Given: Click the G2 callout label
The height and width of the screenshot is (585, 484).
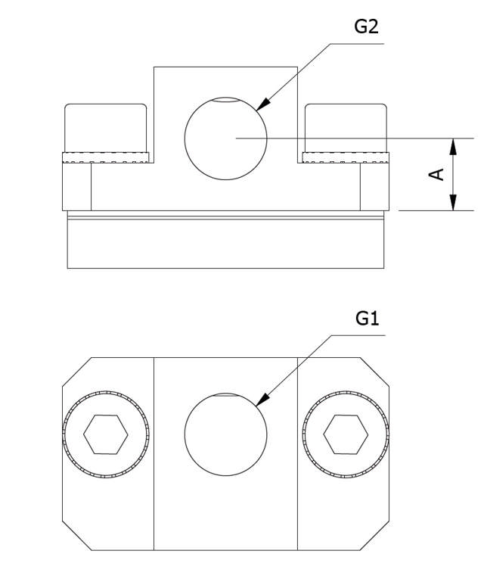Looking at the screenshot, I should click(x=366, y=26).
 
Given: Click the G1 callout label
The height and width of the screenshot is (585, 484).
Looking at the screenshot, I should click(x=367, y=319).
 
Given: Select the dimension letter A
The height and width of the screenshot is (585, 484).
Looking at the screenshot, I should click(x=436, y=174).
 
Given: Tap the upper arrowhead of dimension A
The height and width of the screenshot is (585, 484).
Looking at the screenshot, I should click(x=453, y=146).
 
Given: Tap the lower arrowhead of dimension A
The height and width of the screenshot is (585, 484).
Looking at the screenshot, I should click(x=453, y=202).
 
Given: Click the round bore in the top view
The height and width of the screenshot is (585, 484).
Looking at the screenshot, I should click(x=225, y=434).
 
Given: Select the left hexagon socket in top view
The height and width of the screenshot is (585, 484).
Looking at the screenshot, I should click(x=106, y=434).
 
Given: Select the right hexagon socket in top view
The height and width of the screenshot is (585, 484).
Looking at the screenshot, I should click(x=346, y=434).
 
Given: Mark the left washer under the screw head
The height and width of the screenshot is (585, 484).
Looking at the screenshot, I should click(x=106, y=157).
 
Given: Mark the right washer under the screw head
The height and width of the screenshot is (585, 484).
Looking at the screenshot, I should click(x=346, y=157).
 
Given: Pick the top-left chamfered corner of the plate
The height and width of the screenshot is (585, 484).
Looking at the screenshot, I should click(x=76, y=372).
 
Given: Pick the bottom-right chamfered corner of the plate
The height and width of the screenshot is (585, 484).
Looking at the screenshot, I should click(x=375, y=536).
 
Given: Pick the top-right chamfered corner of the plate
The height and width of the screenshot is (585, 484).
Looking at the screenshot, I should click(x=375, y=372).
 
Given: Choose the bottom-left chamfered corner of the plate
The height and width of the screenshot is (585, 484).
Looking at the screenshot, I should click(x=76, y=536).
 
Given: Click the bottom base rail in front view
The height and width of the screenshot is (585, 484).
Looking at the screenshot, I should click(x=225, y=244).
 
